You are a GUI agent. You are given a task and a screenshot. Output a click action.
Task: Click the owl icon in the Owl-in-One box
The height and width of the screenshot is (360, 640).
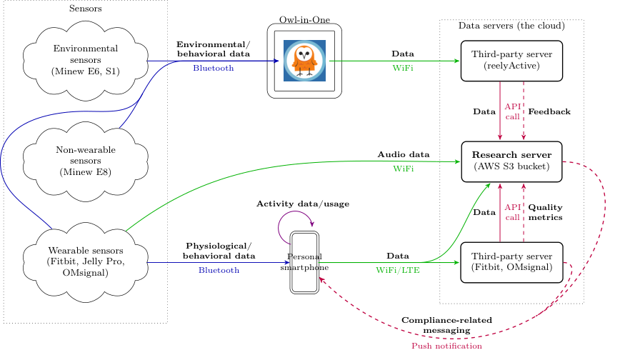[x=304, y=61]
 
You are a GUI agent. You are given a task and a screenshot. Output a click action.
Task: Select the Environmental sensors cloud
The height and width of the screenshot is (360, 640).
[x=86, y=61]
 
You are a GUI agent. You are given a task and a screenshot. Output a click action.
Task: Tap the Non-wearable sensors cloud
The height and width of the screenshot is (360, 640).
[x=86, y=161]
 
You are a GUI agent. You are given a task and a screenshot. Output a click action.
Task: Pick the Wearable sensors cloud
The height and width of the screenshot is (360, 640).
[x=86, y=262]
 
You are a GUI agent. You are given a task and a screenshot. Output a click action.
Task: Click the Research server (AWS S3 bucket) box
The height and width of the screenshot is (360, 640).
[x=512, y=161]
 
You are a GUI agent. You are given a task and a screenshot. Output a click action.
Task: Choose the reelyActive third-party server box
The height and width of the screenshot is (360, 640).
[x=512, y=61]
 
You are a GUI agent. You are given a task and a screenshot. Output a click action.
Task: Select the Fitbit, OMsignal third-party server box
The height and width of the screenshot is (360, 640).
[x=512, y=262]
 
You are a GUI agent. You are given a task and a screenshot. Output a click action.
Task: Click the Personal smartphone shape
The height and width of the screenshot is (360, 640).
[x=304, y=262]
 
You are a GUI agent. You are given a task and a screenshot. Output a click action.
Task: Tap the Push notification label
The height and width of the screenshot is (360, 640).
[x=446, y=346]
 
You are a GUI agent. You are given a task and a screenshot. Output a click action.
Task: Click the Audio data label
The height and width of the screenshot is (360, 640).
[x=404, y=155]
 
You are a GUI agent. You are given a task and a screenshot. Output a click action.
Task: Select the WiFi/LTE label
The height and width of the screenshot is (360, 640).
[x=398, y=270]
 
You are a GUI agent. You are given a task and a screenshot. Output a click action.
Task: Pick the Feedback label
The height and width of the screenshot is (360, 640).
[x=549, y=112]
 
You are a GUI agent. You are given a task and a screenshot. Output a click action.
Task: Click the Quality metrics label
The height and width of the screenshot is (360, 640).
[x=545, y=212]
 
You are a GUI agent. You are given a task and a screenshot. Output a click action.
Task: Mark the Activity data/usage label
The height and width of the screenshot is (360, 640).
[x=303, y=204]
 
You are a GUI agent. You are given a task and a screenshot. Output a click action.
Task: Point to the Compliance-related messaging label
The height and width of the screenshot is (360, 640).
[x=446, y=325]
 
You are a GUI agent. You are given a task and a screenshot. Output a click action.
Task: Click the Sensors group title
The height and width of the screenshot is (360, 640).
[x=85, y=9]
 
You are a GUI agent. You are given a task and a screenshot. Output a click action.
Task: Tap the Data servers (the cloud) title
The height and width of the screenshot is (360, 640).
[x=511, y=26]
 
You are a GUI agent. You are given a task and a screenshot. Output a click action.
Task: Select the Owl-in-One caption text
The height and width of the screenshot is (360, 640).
[x=304, y=19]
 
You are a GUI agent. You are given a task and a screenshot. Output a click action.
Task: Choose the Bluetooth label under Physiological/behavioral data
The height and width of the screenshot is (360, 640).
[x=219, y=270]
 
